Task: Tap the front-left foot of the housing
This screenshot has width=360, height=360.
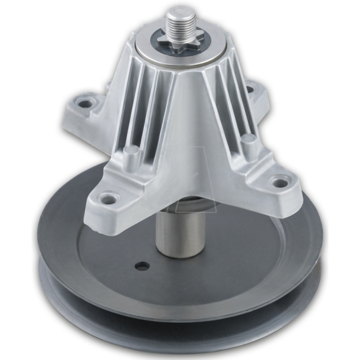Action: point(121,190)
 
